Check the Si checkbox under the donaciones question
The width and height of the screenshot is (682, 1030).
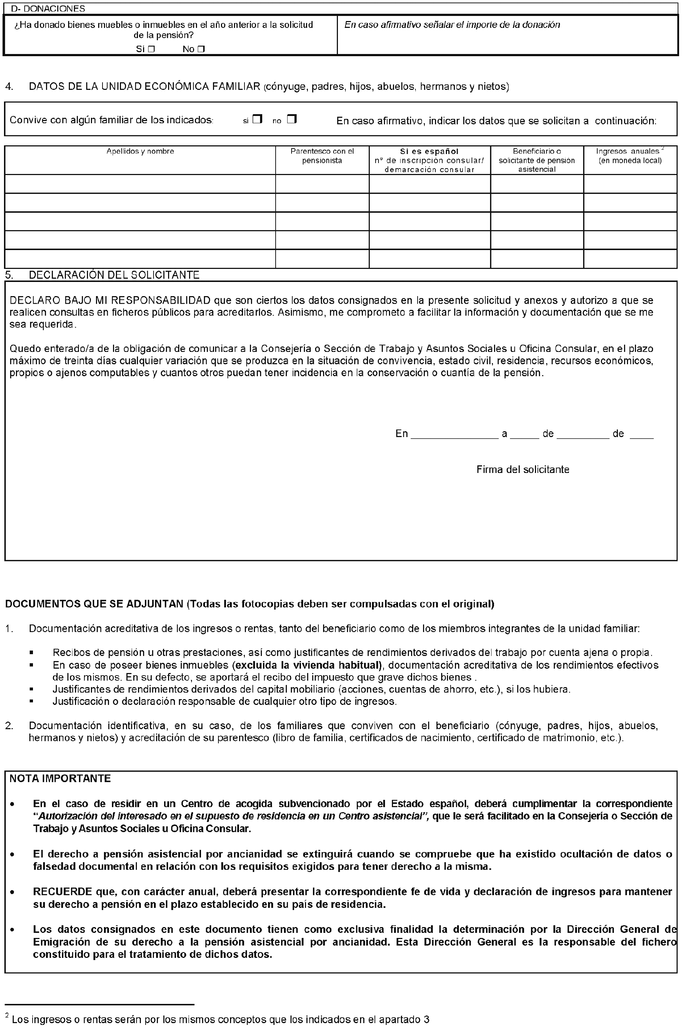click(x=151, y=50)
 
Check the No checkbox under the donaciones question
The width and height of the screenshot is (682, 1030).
click(x=201, y=50)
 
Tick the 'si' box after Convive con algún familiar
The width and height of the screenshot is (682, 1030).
click(x=258, y=119)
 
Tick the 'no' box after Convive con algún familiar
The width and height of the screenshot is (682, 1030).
click(x=292, y=119)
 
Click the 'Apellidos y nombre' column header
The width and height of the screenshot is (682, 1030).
click(x=140, y=151)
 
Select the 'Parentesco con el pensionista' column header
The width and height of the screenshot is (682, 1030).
click(x=322, y=156)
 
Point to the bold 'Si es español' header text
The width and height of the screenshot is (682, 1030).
click(x=429, y=151)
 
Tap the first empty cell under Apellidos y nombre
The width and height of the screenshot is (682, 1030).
click(x=140, y=184)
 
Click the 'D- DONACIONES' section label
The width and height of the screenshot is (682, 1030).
click(x=48, y=9)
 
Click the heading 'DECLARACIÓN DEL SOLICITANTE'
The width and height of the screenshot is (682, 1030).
click(x=114, y=275)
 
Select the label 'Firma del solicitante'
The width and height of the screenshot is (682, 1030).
click(x=522, y=470)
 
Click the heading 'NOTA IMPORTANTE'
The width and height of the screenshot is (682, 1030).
click(x=60, y=778)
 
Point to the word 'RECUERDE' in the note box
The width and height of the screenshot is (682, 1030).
click(x=62, y=892)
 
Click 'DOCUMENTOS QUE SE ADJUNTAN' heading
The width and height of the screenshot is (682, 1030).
click(x=94, y=605)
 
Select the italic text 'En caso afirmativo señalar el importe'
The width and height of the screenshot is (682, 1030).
click(x=452, y=25)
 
